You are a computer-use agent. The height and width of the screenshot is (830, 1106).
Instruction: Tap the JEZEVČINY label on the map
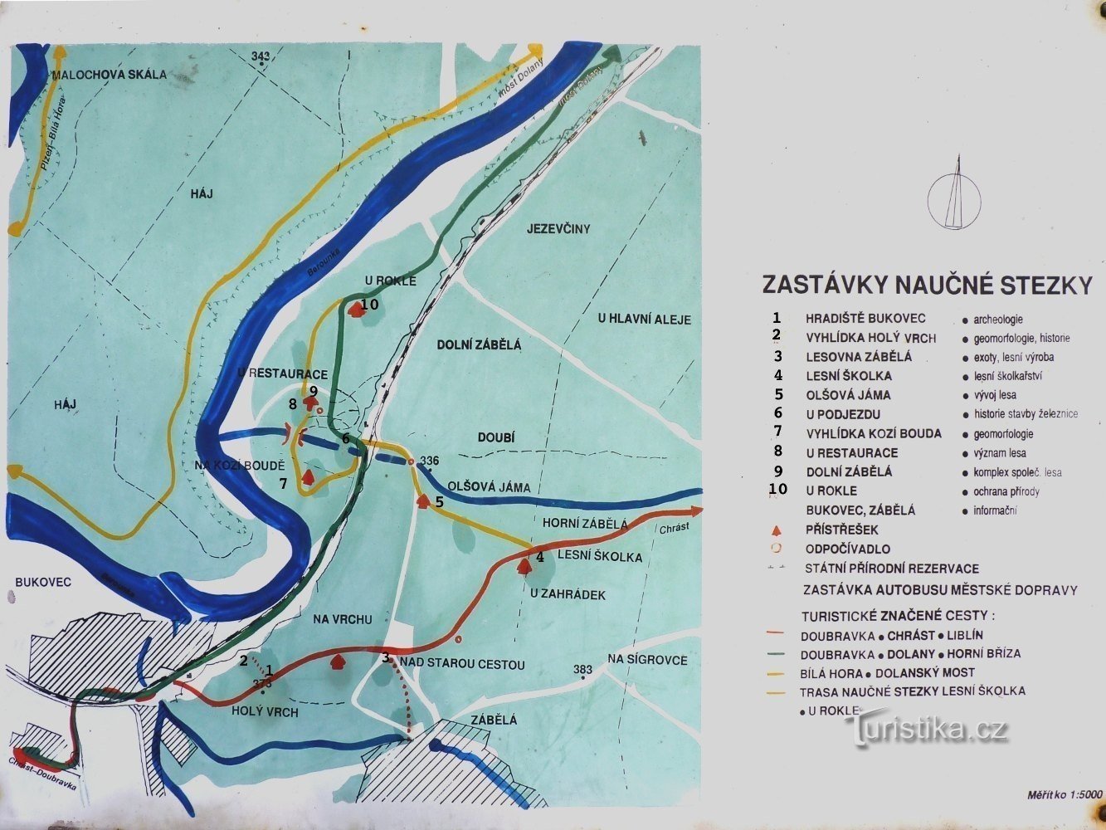[558, 228]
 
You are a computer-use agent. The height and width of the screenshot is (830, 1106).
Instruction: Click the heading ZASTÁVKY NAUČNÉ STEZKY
[927, 285]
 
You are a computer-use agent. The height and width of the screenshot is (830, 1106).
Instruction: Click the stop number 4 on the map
[540, 557]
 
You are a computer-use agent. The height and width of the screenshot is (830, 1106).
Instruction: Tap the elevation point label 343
[261, 56]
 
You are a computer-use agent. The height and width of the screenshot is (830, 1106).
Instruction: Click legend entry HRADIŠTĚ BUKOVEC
[865, 319]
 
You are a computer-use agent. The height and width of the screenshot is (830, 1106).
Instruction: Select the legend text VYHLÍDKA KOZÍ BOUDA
[874, 434]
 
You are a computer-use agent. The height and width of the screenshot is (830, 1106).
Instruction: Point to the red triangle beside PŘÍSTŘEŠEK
[777, 530]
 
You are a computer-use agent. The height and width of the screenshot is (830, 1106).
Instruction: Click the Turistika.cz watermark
[927, 730]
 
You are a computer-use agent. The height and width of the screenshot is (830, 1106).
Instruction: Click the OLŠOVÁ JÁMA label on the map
[489, 487]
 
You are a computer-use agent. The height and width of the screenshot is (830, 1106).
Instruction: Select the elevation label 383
[583, 669]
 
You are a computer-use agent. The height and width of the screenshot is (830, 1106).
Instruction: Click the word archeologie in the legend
[997, 320]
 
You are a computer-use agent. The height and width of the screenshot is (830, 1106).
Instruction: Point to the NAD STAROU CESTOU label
[462, 663]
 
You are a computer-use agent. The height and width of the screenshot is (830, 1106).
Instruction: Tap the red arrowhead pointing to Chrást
[694, 512]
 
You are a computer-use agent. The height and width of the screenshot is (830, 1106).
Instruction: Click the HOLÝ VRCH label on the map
[264, 712]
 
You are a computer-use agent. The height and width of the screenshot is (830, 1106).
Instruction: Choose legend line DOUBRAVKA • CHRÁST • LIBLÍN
[891, 635]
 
